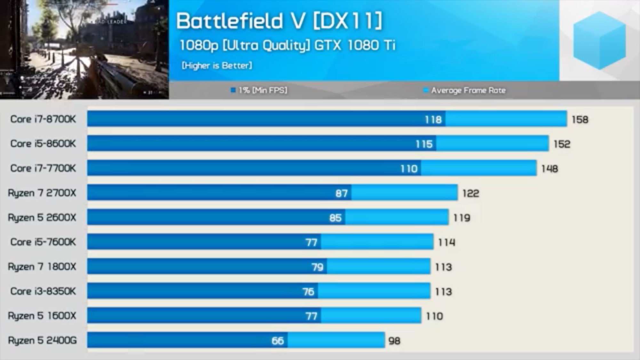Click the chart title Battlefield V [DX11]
point(279,21)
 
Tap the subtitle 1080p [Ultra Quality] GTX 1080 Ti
point(287,45)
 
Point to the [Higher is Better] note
point(217,66)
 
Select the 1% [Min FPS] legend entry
point(259,90)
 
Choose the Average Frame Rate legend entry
point(465,90)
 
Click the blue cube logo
point(599,41)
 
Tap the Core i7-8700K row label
point(43,119)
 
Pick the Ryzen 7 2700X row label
point(42,193)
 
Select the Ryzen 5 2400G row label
point(42,340)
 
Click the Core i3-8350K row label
point(43,291)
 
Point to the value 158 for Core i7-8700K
point(580,120)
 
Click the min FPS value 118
point(433,120)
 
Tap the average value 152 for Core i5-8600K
point(562,144)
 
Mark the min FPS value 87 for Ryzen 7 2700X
point(341,193)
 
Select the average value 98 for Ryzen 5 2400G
point(394,341)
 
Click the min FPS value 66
point(277,341)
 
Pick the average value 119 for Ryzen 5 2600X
point(462,218)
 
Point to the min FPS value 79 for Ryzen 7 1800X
point(317,267)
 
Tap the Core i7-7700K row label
point(43,168)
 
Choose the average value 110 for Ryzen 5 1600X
point(435,316)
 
